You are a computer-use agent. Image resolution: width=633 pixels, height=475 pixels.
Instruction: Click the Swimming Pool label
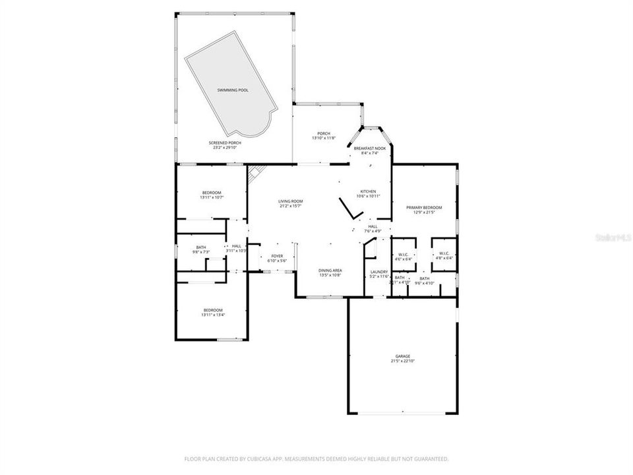233,90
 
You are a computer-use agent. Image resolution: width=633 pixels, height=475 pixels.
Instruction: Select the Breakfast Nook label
369,148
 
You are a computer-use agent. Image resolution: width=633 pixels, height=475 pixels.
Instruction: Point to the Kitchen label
367,192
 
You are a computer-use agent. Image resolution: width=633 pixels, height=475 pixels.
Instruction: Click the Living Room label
290,201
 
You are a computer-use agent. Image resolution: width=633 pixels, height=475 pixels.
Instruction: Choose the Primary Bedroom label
424,207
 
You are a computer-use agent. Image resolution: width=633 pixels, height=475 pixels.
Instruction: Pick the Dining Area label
330,270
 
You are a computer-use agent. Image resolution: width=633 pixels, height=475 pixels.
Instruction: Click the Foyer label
277,256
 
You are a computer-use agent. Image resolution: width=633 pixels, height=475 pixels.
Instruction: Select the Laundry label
378,271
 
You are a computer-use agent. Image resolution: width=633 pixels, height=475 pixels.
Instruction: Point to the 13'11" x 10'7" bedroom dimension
212,197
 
